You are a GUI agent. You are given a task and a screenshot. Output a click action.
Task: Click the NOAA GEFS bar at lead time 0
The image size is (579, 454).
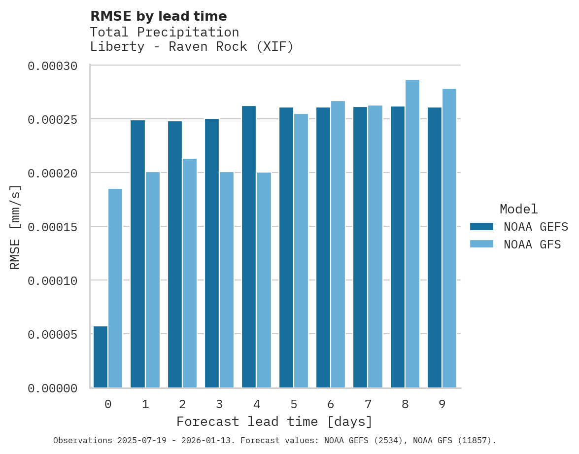tap(101, 357)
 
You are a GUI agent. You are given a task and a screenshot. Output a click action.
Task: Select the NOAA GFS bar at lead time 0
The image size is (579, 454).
tap(115, 288)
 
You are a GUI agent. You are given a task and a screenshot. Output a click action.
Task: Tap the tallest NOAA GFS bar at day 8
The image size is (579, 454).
tap(412, 234)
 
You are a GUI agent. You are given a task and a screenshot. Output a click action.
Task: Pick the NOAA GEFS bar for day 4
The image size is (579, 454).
tap(249, 246)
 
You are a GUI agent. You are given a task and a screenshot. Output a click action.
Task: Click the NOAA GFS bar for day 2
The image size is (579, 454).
tap(190, 273)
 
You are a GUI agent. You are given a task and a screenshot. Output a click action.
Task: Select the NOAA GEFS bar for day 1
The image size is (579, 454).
tap(137, 254)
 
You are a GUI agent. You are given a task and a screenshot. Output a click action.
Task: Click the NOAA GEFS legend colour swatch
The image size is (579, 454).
tap(481, 226)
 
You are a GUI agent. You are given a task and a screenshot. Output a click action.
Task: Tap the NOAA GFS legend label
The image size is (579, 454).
tap(532, 244)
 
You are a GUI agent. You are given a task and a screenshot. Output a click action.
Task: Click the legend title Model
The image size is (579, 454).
tap(518, 209)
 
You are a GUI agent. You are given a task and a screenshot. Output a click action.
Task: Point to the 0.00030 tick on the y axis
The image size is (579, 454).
tap(59, 66)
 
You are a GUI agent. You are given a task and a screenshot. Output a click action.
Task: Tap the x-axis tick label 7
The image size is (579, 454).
tap(368, 405)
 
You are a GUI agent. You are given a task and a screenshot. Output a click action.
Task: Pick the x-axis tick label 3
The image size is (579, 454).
tap(219, 405)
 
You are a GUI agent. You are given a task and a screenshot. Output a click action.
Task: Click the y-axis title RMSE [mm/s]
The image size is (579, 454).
tap(15, 227)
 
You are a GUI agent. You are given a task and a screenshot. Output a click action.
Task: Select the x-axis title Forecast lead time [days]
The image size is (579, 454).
tap(274, 422)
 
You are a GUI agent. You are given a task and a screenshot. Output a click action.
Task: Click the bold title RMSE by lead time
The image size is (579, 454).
tap(159, 16)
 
